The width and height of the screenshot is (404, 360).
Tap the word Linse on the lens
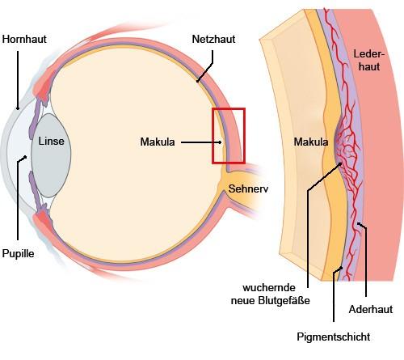point(54,141)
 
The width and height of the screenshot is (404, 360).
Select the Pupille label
point(19,252)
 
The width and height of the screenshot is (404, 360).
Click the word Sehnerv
point(249,189)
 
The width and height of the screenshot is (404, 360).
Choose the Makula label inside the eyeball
point(157,143)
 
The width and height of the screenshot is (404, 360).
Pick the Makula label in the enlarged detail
point(311,143)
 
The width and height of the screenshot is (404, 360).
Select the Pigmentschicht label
point(333,336)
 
